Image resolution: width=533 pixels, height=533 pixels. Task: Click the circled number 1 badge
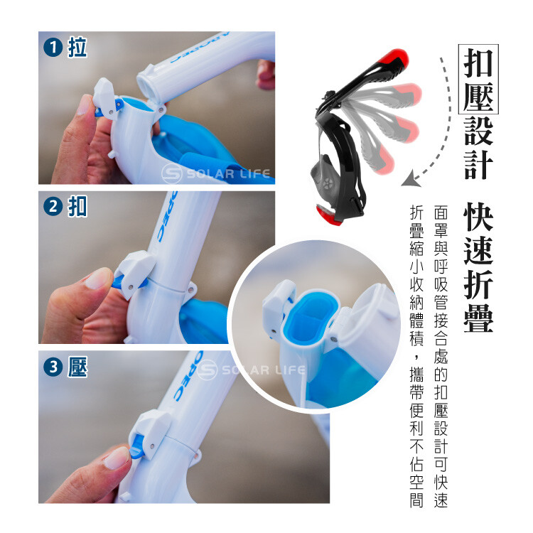coord(53,47)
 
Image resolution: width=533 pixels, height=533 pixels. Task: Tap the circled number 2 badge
coord(53,206)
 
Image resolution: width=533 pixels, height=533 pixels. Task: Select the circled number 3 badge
coord(53,367)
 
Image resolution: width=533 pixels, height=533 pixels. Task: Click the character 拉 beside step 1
coord(77,47)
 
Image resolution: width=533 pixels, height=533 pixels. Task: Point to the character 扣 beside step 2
coord(77,206)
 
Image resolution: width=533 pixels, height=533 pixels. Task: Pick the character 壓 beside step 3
coord(77,367)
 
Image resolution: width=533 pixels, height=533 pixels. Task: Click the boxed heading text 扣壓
coord(478,79)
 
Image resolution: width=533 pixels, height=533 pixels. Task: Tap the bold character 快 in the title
coord(478,217)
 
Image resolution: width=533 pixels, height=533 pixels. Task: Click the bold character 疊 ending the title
coord(478,318)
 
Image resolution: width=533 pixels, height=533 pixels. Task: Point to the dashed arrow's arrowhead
coord(411,179)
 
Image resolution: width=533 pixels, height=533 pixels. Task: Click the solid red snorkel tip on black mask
coord(394,58)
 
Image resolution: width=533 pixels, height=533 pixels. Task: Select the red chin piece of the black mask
coord(328,215)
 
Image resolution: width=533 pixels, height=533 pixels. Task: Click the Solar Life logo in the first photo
coord(216,173)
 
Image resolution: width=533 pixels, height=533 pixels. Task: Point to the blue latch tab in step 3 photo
coord(138,446)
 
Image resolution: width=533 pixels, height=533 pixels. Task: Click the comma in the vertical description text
coord(416,357)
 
